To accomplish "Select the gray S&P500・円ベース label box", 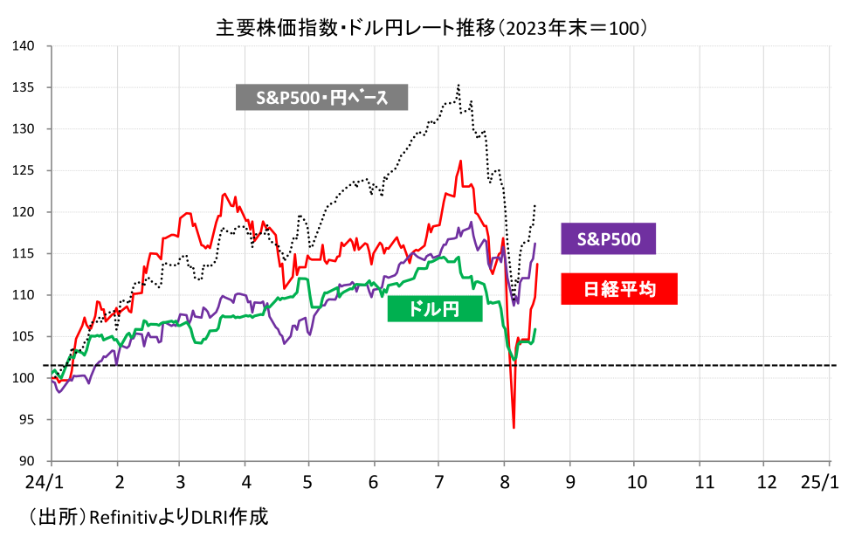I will (x=321, y=97).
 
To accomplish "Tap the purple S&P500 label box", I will (x=608, y=238).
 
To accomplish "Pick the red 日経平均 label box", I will (x=619, y=288).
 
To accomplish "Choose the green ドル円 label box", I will (x=435, y=308).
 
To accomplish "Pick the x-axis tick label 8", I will (x=505, y=482).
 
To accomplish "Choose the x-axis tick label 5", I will (x=307, y=482).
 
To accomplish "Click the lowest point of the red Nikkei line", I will (x=514, y=428).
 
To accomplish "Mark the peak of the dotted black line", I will (x=459, y=86).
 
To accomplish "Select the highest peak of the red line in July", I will (x=460, y=161).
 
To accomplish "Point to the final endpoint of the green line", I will (x=535, y=329).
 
